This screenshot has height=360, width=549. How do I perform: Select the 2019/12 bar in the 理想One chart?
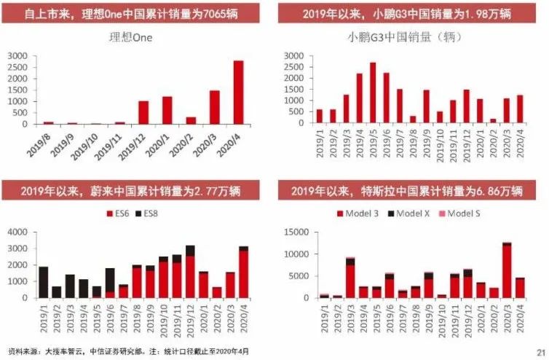tap(143, 113)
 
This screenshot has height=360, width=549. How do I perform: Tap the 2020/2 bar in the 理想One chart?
tap(191, 121)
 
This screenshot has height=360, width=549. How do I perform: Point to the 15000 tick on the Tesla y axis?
tap(306, 232)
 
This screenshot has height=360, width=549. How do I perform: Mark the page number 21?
tap(541, 351)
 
